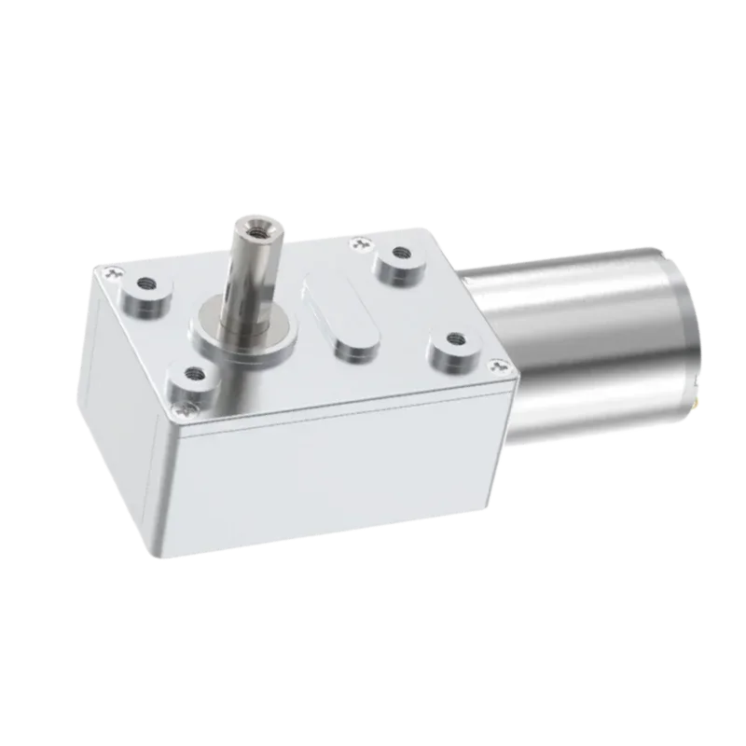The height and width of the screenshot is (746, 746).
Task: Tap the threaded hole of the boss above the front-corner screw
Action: coord(194,372)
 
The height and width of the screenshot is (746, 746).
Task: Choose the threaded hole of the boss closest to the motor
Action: coord(455,338)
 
